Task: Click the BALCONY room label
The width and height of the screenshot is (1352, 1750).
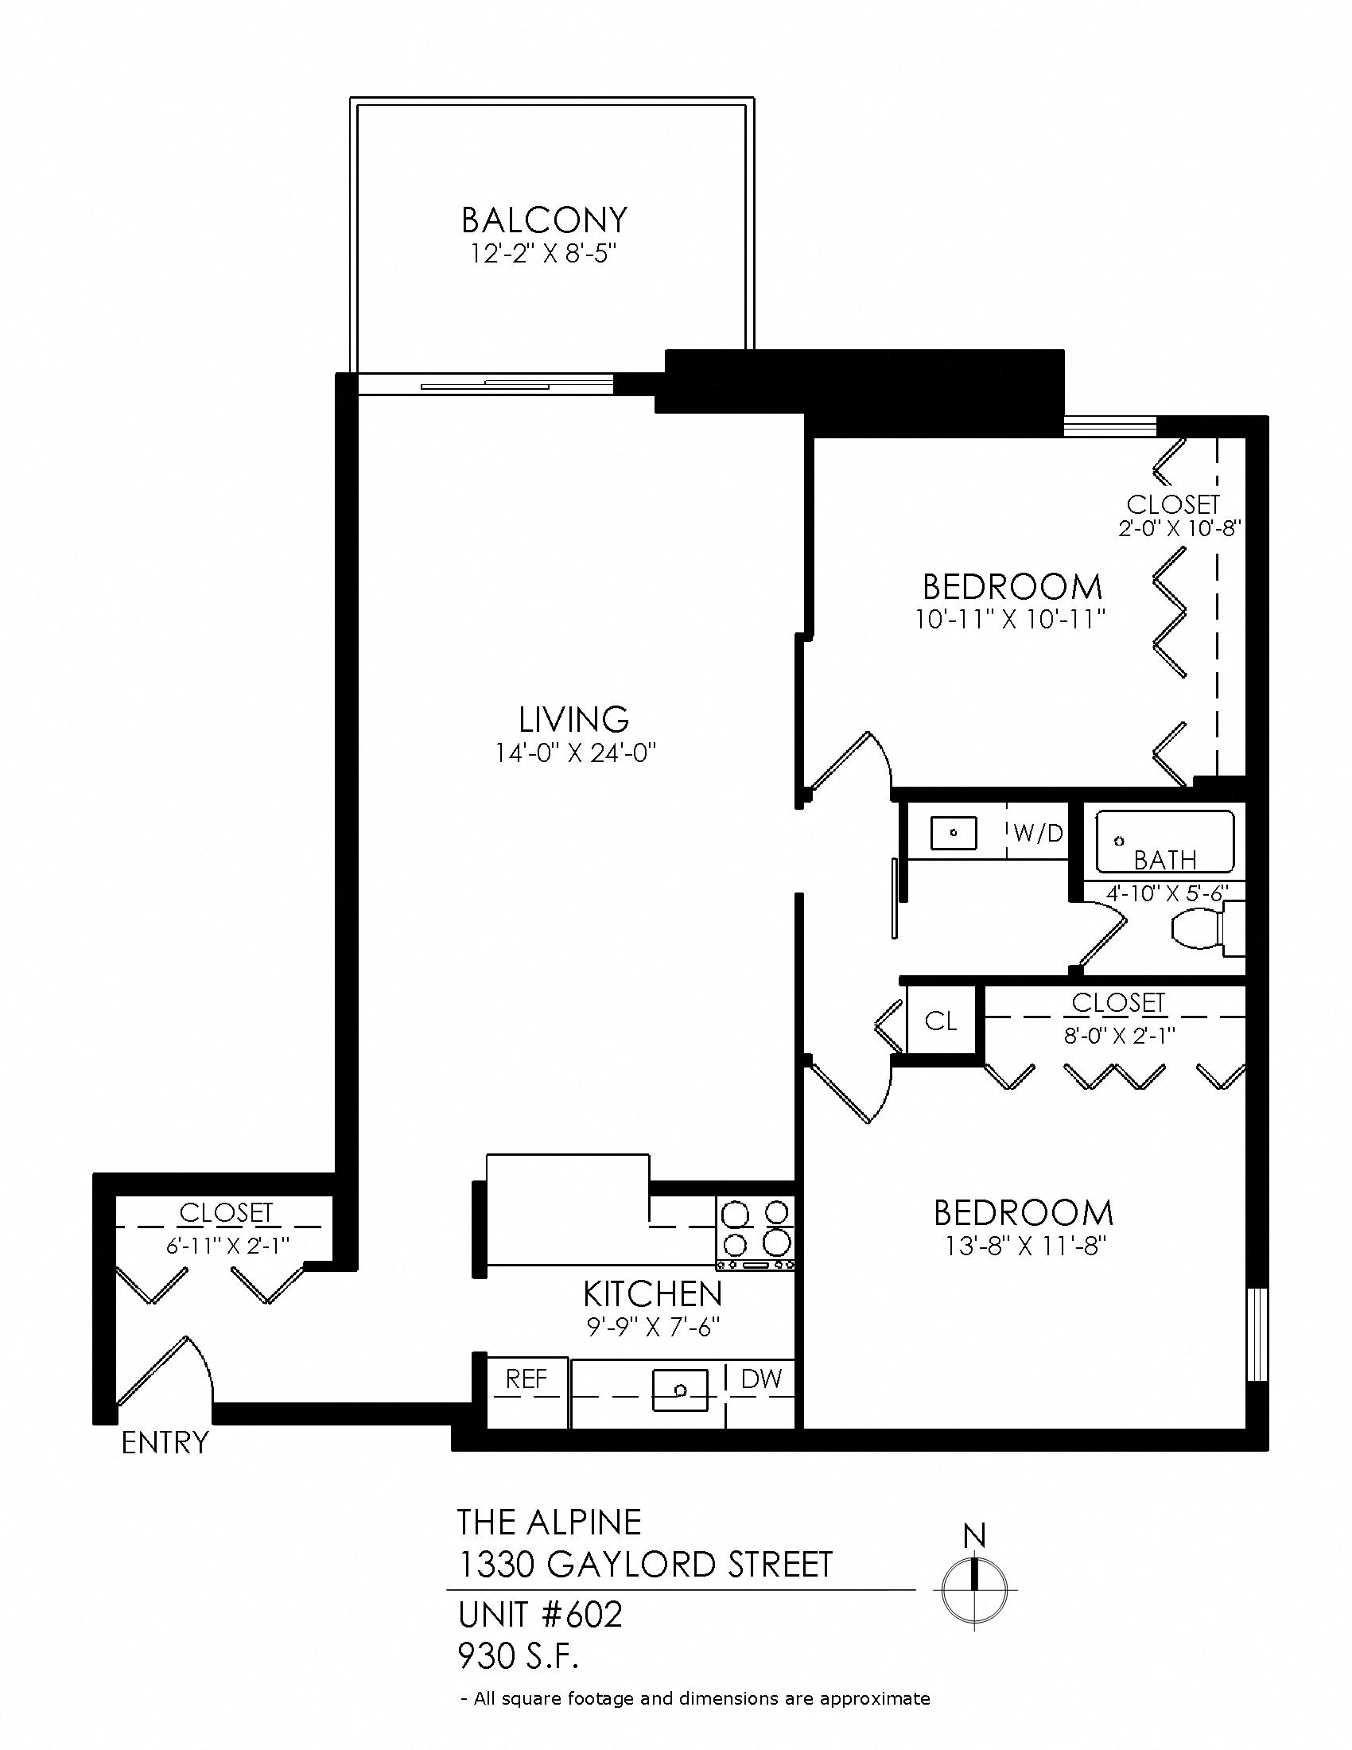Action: click(x=544, y=219)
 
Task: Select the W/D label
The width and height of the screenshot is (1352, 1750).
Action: click(x=1038, y=834)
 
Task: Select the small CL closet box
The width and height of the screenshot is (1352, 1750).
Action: click(x=940, y=1020)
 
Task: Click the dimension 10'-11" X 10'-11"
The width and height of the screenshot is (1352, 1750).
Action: click(x=1011, y=620)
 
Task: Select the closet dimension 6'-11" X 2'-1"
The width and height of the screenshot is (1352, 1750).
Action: click(x=226, y=1245)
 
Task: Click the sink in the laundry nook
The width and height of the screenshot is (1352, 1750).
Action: click(x=953, y=833)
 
